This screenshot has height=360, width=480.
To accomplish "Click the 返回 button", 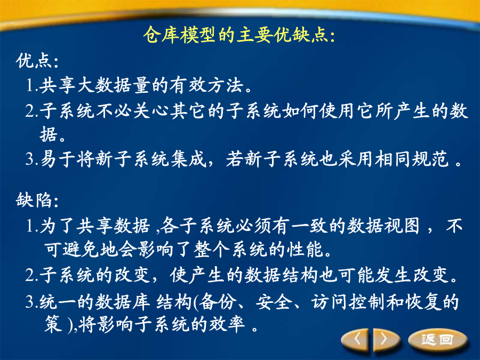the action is point(438,340).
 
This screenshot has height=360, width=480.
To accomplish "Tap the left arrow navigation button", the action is point(357,339).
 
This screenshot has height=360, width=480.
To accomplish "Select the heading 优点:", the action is point(37,61).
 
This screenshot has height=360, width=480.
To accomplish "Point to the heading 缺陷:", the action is point(37,200).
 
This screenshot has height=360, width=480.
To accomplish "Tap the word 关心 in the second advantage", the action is point(150,110).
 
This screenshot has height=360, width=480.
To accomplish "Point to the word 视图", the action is point(401,226).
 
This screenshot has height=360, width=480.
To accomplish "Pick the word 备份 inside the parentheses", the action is point(217,302).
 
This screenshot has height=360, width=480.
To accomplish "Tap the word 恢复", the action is point(423,302).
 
